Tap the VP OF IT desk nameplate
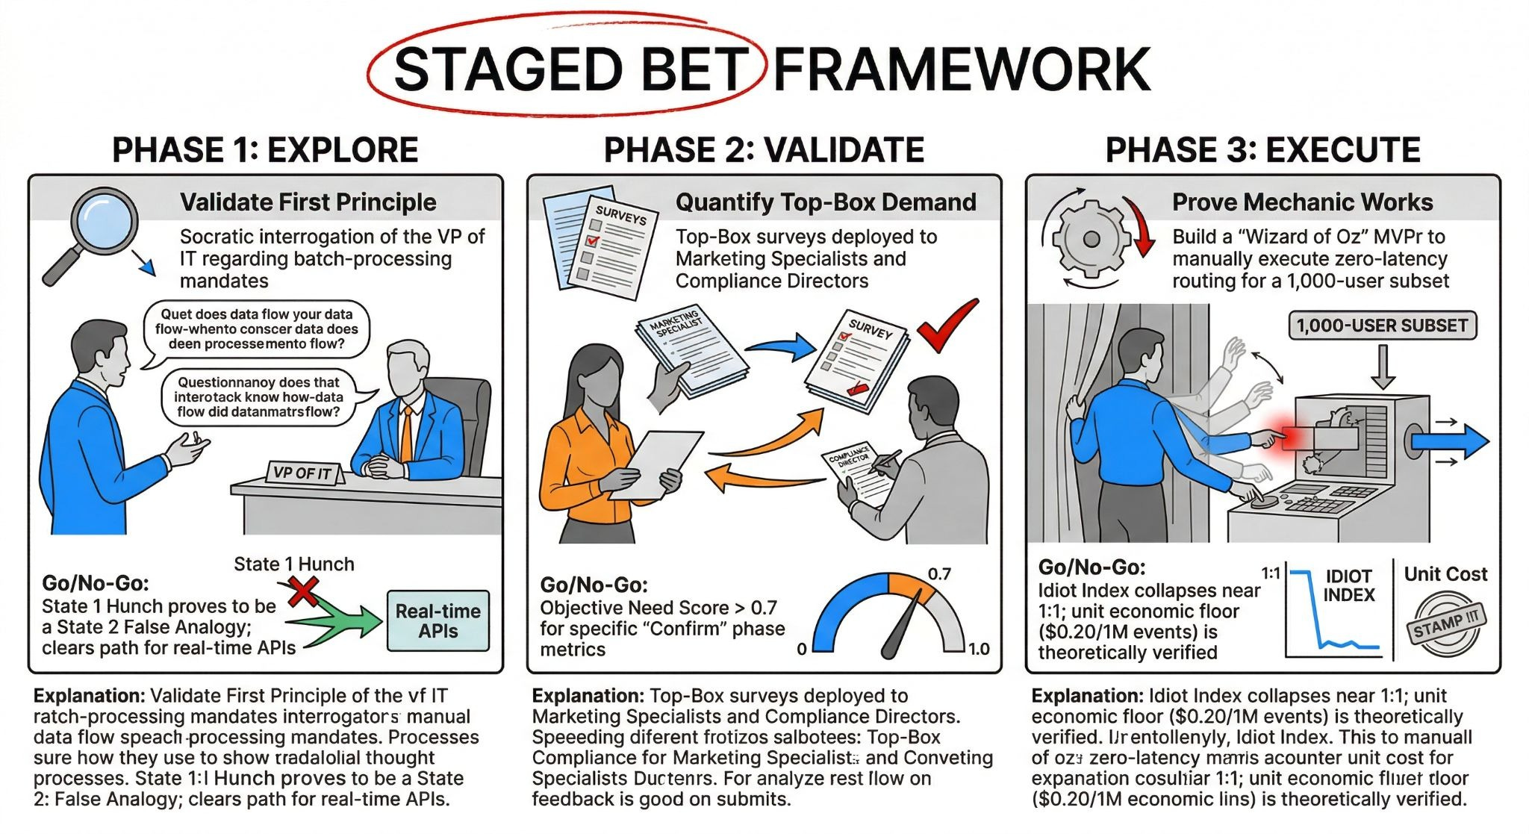tap(303, 473)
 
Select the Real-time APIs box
tap(438, 620)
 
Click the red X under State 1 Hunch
tap(302, 593)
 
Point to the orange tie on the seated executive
tap(407, 433)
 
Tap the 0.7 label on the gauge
tap(939, 574)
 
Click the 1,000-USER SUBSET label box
tap(1382, 326)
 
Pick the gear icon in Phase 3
tap(1092, 239)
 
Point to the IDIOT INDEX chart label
tap(1348, 586)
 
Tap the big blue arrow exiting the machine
tap(1452, 441)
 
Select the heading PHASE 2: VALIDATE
tap(764, 150)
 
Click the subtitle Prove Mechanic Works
tap(1302, 202)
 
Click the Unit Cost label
tap(1445, 574)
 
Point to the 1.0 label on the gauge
tap(979, 649)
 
